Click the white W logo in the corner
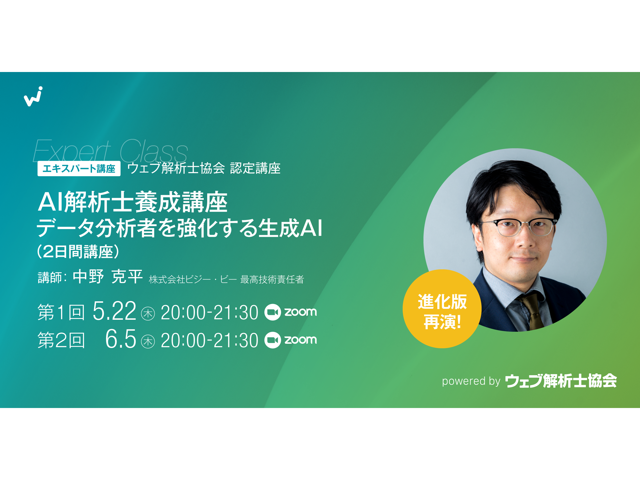tap(33, 97)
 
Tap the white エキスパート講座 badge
tap(79, 168)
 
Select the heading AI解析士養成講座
tap(133, 202)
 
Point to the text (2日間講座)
tap(78, 251)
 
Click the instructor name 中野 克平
tap(107, 277)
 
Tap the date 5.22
tap(114, 311)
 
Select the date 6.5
tap(121, 339)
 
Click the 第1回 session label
tap(61, 312)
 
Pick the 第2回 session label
tap(61, 340)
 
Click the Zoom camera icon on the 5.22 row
tap(273, 312)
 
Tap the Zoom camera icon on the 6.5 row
tap(273, 340)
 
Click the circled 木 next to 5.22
tap(148, 314)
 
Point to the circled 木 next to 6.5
tap(148, 341)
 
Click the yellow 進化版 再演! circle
tap(442, 309)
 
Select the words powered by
tap(471, 381)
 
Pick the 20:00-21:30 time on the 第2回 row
tap(209, 340)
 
